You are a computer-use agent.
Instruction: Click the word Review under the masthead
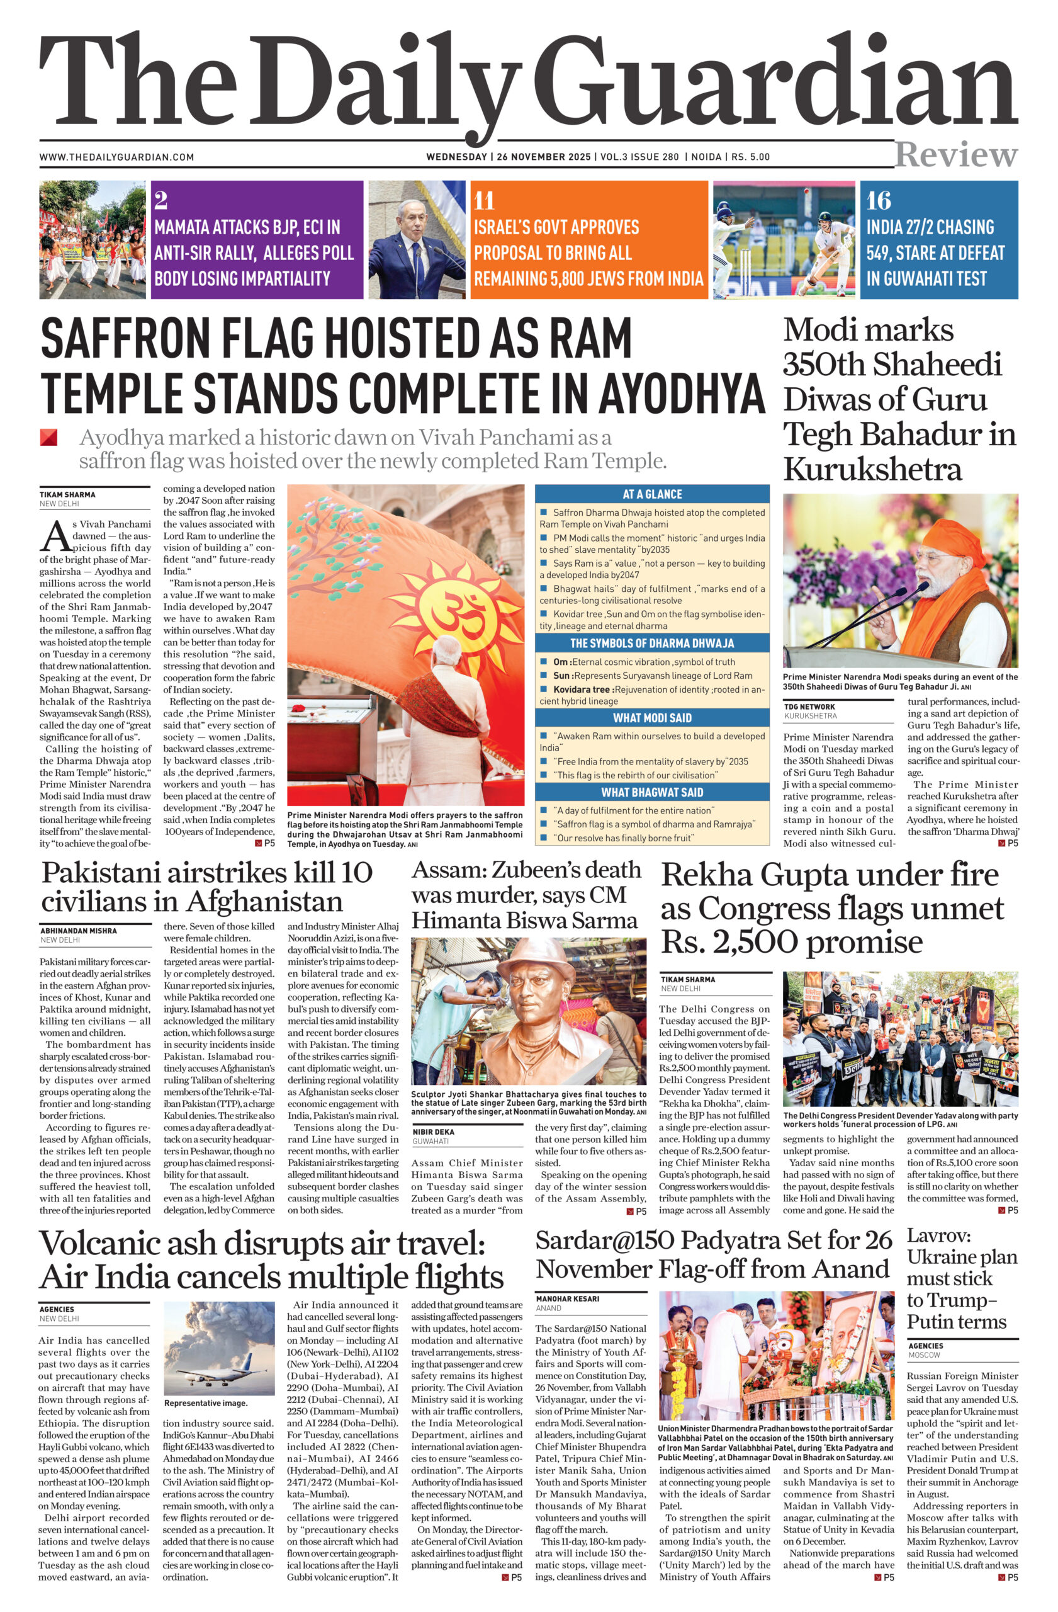click(x=955, y=155)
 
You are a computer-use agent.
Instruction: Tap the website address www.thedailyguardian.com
click(x=116, y=157)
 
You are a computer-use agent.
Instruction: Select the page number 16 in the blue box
click(x=879, y=200)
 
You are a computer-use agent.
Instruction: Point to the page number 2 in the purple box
click(x=160, y=200)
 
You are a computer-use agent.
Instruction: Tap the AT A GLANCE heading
click(x=652, y=494)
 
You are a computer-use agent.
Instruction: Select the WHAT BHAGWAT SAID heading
click(x=652, y=792)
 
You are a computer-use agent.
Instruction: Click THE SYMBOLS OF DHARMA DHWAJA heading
click(x=652, y=643)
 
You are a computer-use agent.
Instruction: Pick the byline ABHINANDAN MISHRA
click(x=79, y=931)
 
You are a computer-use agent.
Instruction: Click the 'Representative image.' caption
click(x=206, y=1403)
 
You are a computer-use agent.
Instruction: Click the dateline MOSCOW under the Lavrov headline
click(x=924, y=1354)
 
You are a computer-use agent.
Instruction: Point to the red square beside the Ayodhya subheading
click(x=48, y=438)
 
